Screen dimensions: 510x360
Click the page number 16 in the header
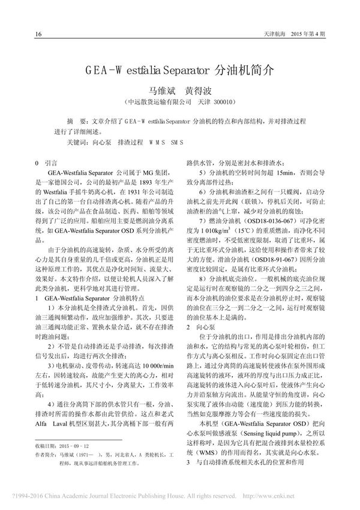click(39, 34)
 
